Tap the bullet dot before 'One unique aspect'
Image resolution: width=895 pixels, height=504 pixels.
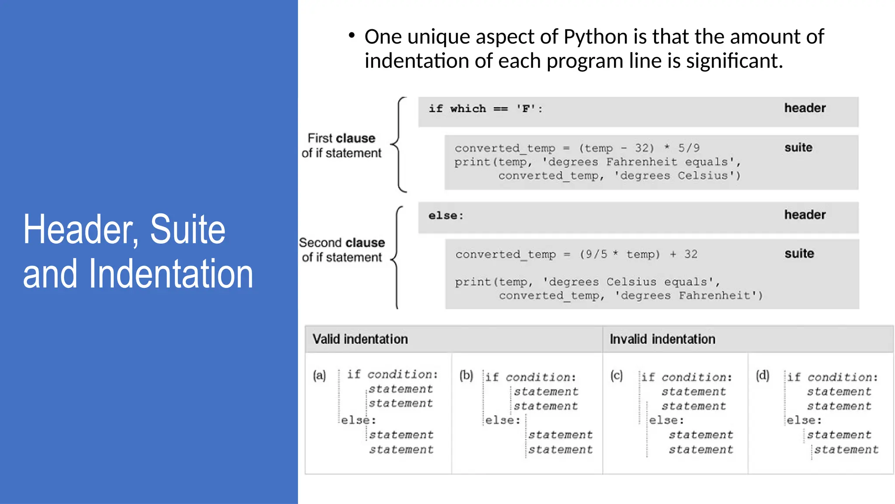tap(352, 35)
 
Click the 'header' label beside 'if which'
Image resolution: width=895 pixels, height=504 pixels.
tap(805, 108)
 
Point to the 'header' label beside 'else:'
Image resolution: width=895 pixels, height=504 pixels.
tap(805, 215)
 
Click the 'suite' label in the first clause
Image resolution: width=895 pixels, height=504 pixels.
tap(798, 147)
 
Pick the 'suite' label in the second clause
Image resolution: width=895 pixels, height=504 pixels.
tap(799, 254)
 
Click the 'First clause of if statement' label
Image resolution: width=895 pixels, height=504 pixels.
tap(341, 146)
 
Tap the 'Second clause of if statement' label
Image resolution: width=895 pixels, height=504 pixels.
tap(342, 250)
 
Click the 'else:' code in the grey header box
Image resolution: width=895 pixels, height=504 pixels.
tap(445, 216)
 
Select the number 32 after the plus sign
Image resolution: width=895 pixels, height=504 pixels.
tap(690, 254)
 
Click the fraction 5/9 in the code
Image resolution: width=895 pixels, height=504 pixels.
tap(689, 148)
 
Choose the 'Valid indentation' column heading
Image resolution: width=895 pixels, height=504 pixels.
tap(360, 339)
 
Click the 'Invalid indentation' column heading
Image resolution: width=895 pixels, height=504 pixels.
tap(662, 339)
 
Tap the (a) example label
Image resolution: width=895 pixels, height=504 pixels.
tap(319, 375)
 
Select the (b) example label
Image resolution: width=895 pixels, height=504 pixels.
tap(466, 375)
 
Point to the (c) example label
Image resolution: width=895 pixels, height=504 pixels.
tap(617, 375)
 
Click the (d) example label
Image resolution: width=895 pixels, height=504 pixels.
tap(763, 375)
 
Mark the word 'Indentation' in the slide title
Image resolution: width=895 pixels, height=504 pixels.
tap(171, 274)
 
